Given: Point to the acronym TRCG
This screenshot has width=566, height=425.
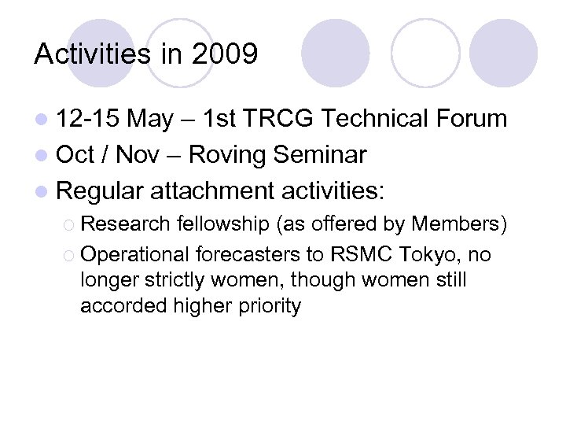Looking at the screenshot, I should pos(278,120).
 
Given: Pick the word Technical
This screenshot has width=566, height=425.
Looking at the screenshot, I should pos(376,120).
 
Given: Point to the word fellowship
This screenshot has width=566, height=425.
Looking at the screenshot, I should pos(222,224).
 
